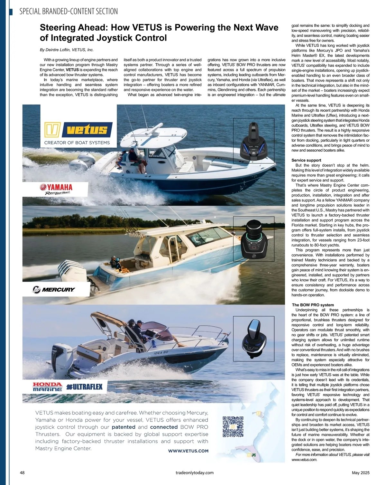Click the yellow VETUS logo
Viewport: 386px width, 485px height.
coord(78,130)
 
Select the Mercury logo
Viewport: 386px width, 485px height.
coord(54,289)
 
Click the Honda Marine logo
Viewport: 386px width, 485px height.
coord(47,387)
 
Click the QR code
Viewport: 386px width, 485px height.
coord(233,426)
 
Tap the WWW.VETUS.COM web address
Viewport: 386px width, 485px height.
coord(188,451)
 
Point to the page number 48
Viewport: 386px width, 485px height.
coord(22,473)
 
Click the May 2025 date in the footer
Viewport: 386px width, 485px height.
coord(361,473)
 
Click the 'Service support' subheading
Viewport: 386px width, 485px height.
coord(306,160)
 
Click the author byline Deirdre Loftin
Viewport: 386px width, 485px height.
coord(67,50)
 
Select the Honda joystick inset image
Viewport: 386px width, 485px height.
coord(253,337)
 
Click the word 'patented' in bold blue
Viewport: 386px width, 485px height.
coord(124,427)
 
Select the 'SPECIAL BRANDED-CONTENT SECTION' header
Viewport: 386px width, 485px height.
coord(69,12)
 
